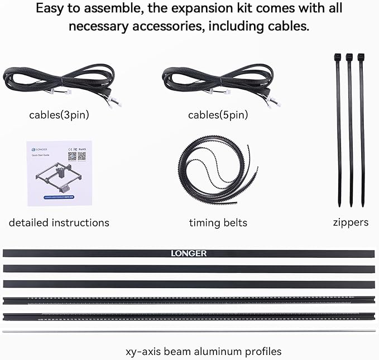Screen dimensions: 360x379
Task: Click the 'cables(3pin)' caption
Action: pos(59,116)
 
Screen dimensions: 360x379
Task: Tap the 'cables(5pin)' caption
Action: pos(218,116)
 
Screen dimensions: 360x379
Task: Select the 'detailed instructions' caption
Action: pos(59,223)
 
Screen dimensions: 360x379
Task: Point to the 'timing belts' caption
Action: pos(218,223)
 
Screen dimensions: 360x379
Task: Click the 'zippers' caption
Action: pos(350,222)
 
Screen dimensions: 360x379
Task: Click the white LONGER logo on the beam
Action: pos(189,253)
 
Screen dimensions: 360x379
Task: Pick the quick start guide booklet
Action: pos(59,174)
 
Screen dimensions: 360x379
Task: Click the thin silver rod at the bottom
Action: pos(190,331)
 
